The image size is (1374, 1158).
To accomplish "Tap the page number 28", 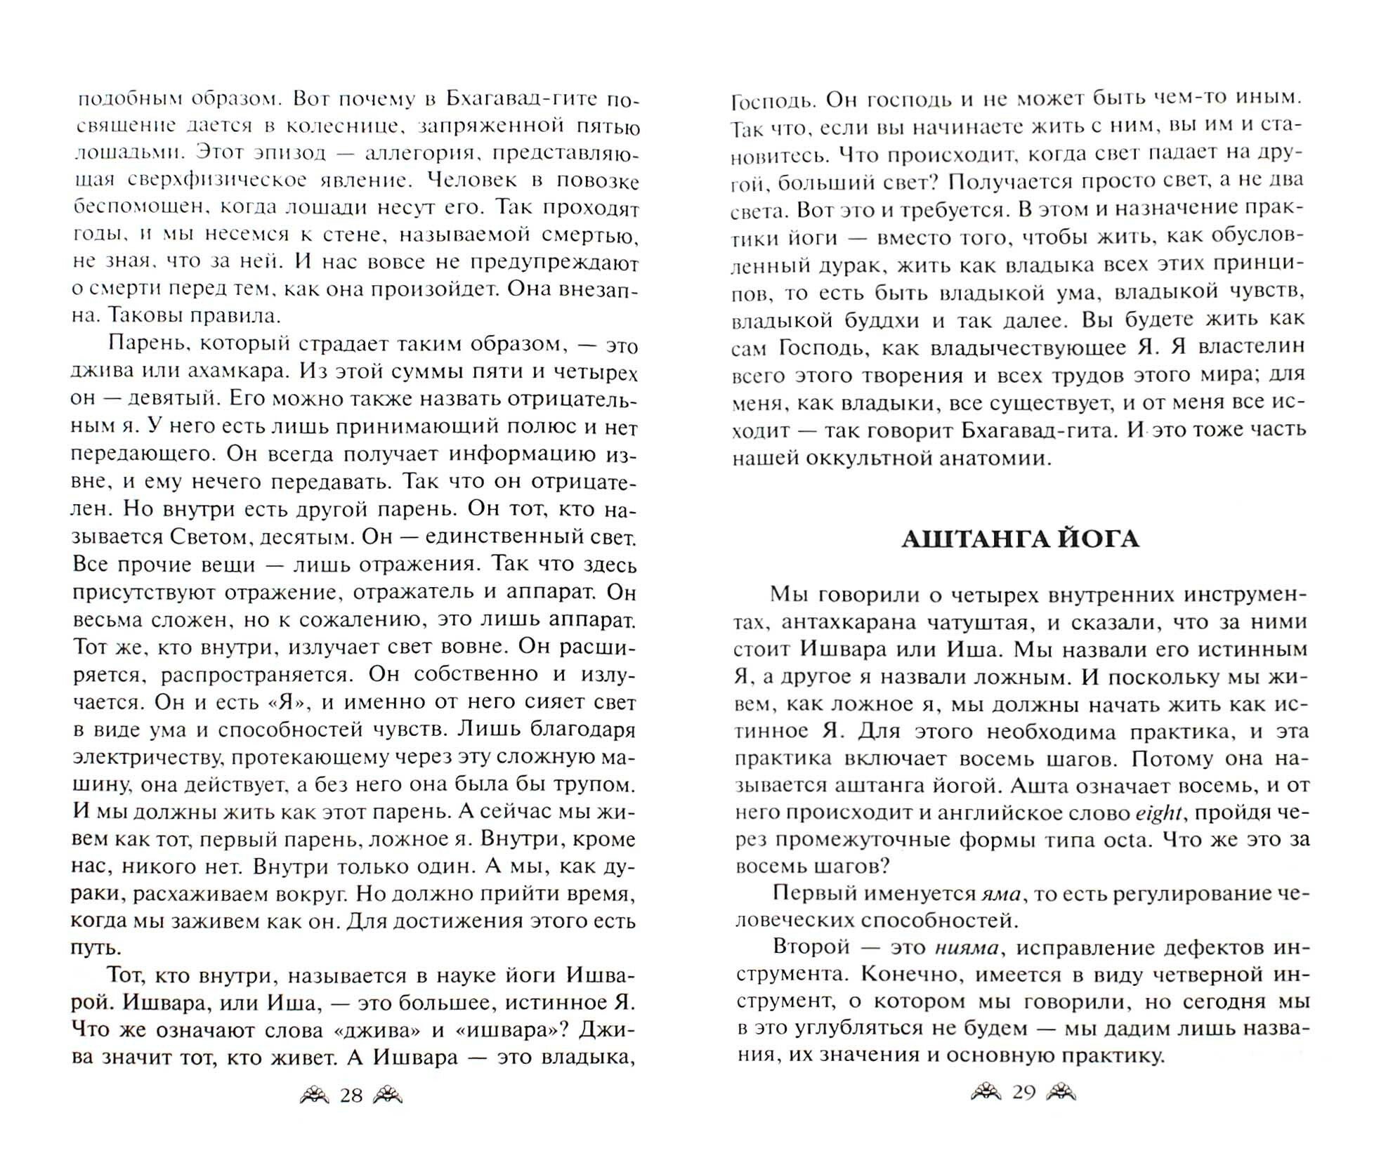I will point(351,1095).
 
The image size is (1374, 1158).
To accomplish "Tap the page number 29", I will point(1023,1093).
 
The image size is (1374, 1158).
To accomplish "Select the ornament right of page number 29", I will point(1061,1092).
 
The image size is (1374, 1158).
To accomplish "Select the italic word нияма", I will point(967,947).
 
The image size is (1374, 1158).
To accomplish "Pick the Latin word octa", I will point(1130,839).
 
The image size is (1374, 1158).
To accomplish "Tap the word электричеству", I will point(147,758).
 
